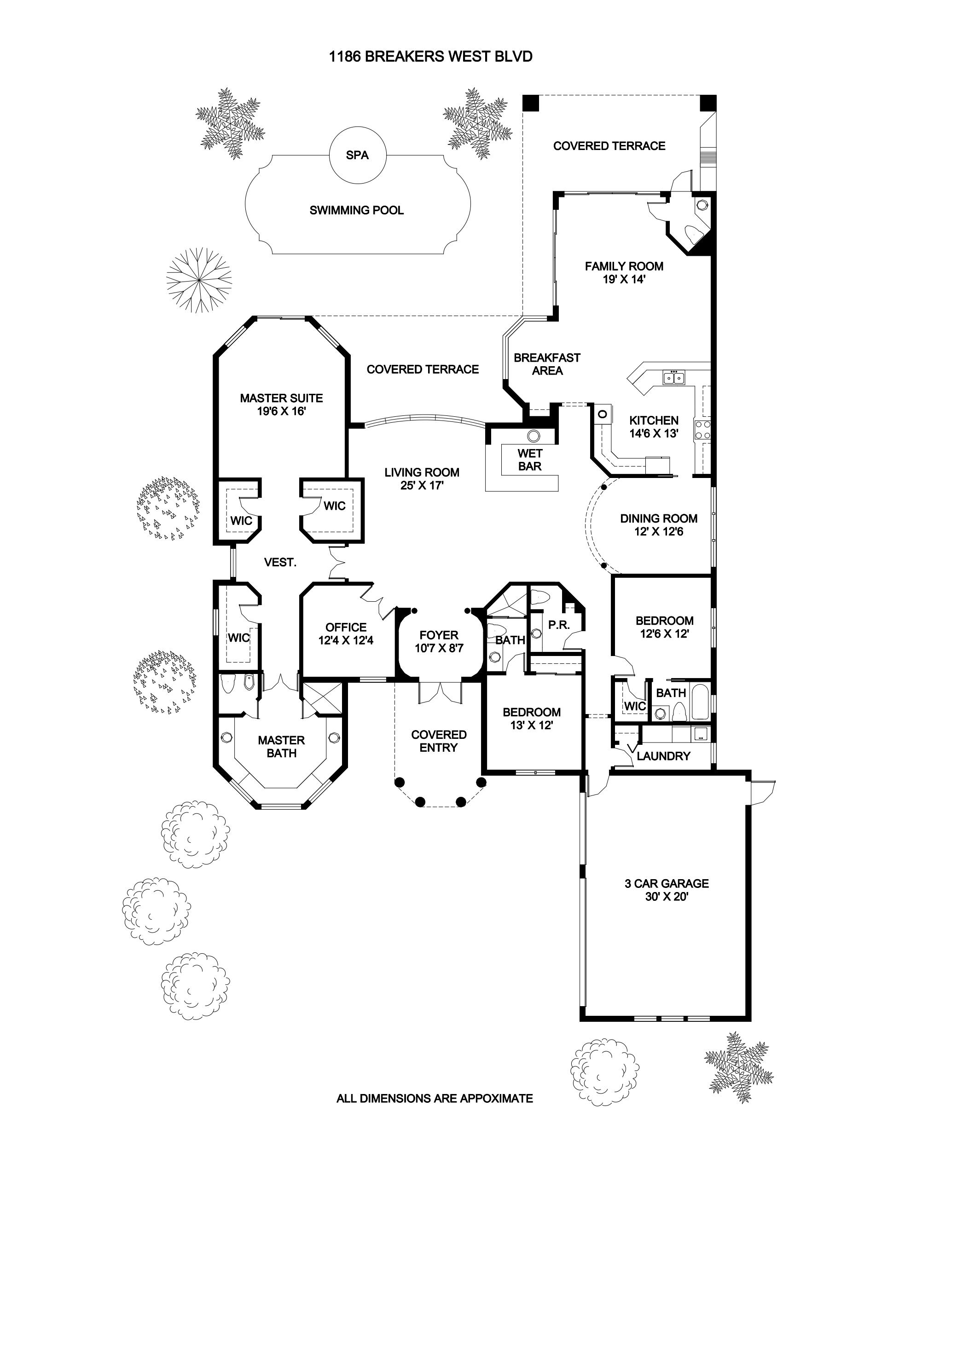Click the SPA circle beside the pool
[357, 155]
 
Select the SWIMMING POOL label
[356, 210]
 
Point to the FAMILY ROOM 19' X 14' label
[624, 273]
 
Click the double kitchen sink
[674, 377]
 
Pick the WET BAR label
[529, 460]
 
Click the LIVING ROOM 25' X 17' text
[422, 479]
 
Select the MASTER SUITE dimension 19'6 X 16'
[281, 411]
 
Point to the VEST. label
[280, 562]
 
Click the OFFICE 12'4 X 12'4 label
[346, 633]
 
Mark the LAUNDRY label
[663, 756]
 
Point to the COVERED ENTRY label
[438, 741]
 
